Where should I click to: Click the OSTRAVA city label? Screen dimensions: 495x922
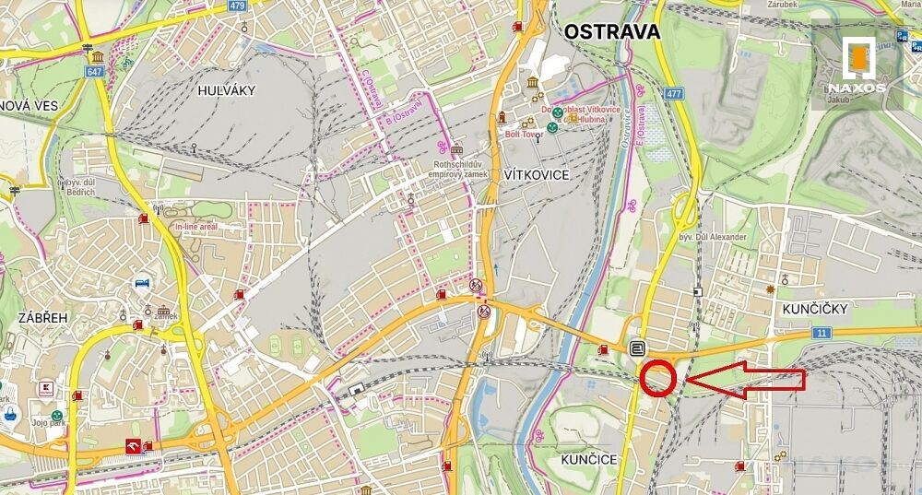pos(612,32)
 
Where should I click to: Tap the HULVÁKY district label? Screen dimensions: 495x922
pos(226,90)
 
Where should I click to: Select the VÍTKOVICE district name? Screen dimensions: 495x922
pos(537,174)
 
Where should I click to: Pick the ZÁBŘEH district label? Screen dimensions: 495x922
pos(43,317)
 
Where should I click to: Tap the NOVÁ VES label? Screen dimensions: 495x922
pos(29,105)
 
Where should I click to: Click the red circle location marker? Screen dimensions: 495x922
pos(658,379)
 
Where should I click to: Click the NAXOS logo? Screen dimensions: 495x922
pos(857,65)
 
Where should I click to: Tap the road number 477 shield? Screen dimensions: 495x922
pos(673,93)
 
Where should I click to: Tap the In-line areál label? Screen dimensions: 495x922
pos(195,225)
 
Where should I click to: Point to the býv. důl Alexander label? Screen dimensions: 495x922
pos(713,237)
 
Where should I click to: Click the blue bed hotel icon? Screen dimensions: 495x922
pos(142,282)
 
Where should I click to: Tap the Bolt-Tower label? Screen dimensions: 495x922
pos(525,135)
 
